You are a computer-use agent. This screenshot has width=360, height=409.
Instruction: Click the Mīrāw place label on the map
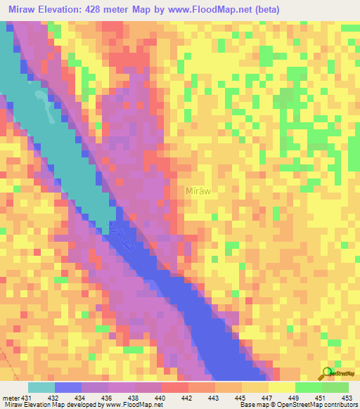point(198,190)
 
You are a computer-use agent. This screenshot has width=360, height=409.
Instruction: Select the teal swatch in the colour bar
point(41,387)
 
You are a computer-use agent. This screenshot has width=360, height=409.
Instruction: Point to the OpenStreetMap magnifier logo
point(326,372)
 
